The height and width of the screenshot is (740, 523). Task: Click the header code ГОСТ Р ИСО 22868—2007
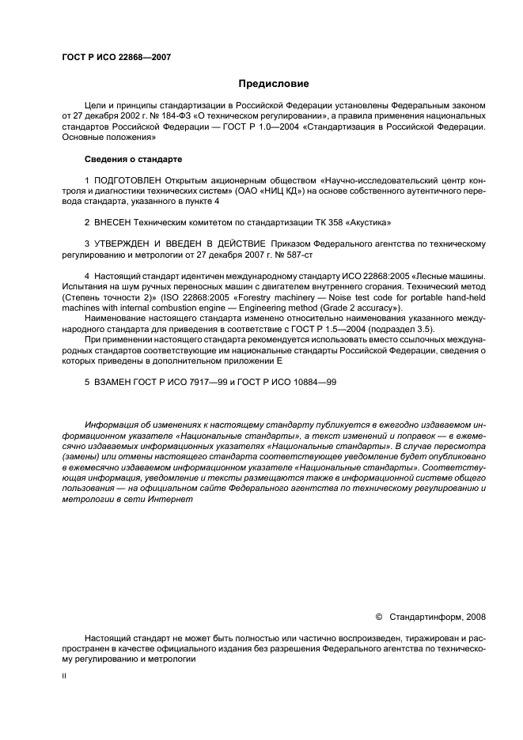(116, 58)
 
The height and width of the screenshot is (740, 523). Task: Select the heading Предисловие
(274, 84)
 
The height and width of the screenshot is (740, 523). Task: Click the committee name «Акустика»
(366, 223)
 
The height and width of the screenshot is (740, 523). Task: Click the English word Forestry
(275, 296)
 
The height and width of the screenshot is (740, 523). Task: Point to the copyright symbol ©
(378, 617)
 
